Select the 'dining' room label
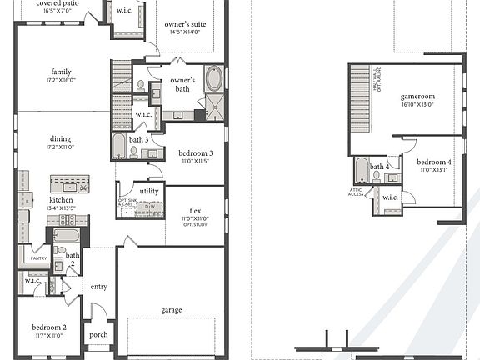pos(60,139)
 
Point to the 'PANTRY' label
pos(38,259)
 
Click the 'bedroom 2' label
pos(50,327)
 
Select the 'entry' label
pos(99,287)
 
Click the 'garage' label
pos(172,310)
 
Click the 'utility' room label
pos(149,191)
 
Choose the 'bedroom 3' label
pos(196,153)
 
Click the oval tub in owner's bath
pos(213,79)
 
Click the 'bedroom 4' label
pos(433,162)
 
